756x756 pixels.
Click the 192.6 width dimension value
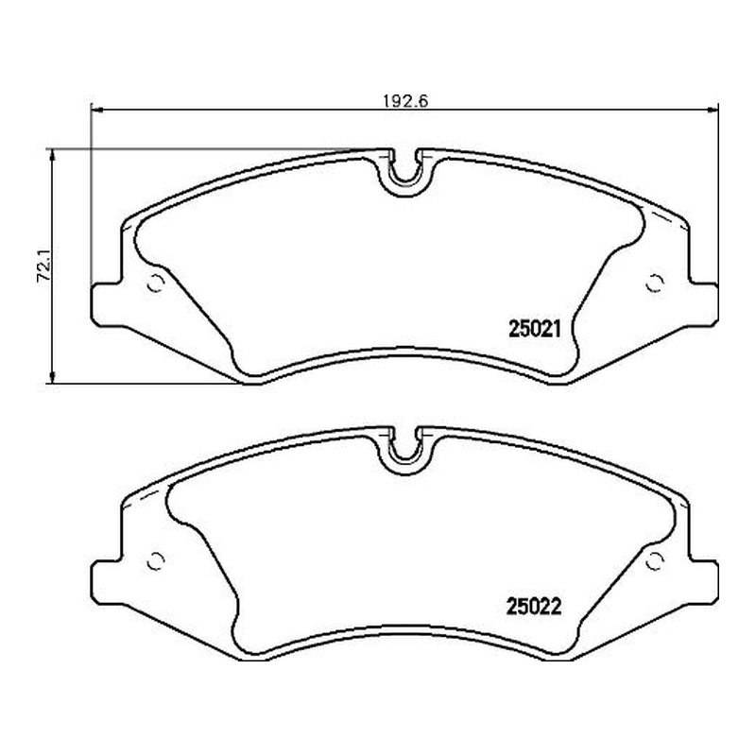405,101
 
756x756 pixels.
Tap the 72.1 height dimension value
44,266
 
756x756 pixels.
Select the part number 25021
535,330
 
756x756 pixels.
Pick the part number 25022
534,607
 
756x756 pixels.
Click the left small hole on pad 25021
156,283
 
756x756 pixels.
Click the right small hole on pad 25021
654,283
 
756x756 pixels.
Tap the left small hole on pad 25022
156,560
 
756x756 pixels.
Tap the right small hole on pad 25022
654,560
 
